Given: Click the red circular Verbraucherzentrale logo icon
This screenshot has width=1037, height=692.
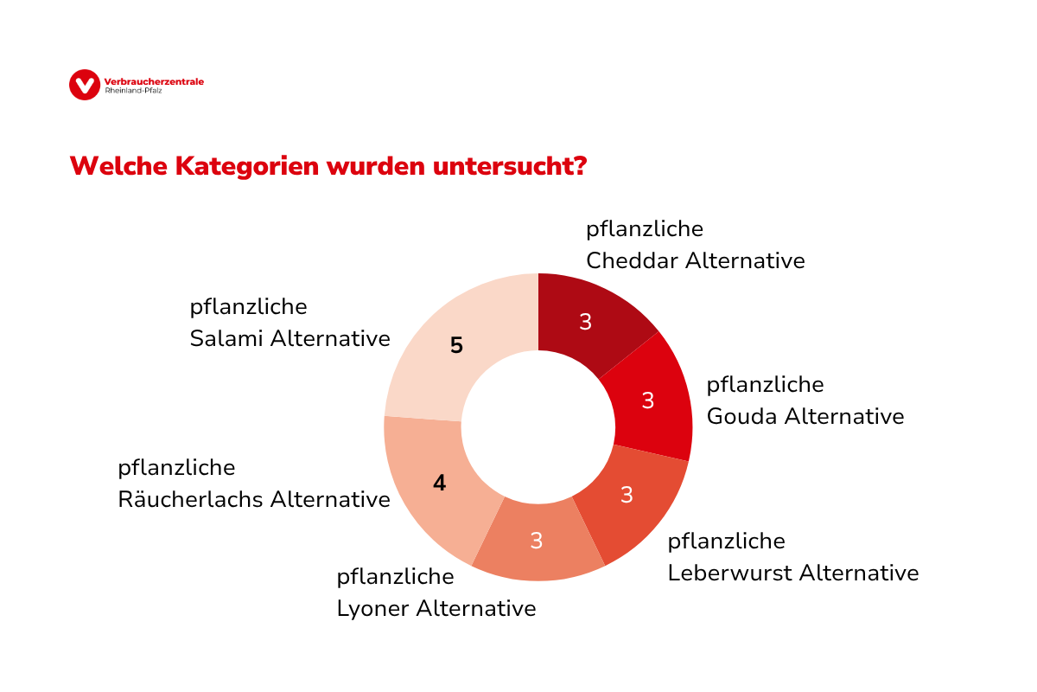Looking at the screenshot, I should tap(84, 84).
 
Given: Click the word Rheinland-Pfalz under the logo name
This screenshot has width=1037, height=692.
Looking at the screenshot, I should tap(126, 90).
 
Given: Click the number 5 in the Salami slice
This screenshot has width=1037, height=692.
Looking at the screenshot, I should tap(456, 346).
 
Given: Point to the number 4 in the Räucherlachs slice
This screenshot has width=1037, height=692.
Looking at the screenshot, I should tap(439, 484).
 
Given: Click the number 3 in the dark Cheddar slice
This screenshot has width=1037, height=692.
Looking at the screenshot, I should tap(585, 322).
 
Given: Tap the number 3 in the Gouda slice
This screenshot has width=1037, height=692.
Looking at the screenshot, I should tap(647, 400).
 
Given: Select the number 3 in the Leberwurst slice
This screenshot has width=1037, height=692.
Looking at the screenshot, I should tap(627, 495).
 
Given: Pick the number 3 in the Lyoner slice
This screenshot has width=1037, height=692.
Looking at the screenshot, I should tap(536, 541).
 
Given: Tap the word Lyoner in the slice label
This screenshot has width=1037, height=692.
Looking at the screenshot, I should tap(372, 608).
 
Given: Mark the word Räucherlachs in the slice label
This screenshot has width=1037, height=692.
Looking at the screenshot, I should tap(191, 499).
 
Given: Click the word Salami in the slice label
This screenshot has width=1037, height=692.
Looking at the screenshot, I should tap(226, 338).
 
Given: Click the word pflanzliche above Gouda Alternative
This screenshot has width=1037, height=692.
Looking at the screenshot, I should tap(765, 384).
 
